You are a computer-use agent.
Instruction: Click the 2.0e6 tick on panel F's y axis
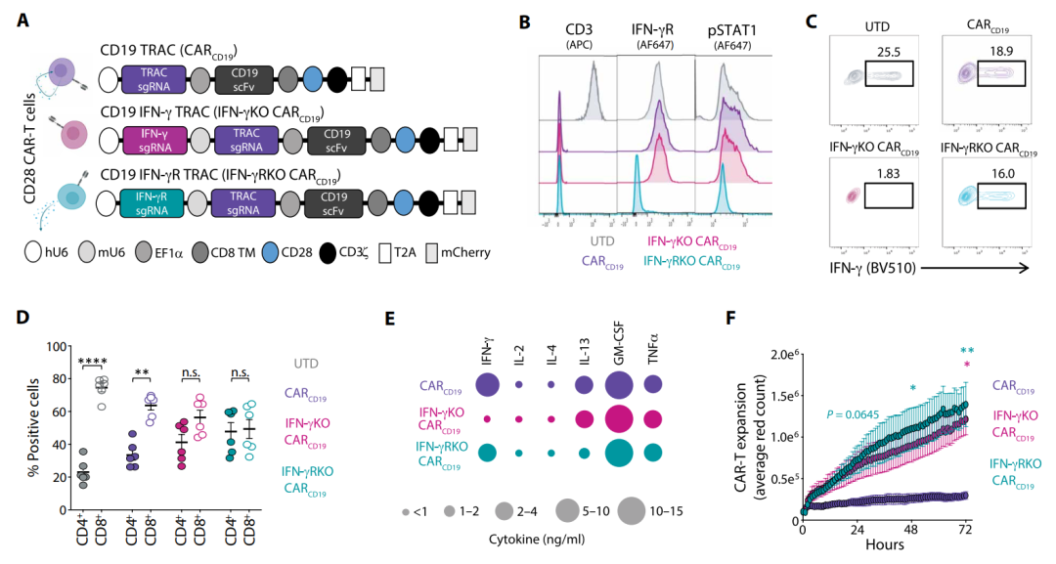pyautogui.click(x=784, y=352)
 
